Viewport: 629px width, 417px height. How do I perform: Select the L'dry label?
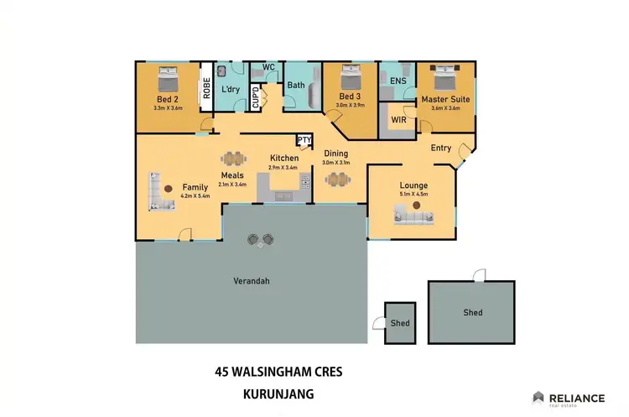[x=231, y=89]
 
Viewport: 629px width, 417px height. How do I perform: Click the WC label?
[x=268, y=67]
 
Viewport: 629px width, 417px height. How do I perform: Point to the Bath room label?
[x=295, y=86]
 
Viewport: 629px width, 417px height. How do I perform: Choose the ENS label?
[x=398, y=81]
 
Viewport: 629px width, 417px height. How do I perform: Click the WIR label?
[x=398, y=119]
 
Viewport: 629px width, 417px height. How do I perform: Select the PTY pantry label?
[x=304, y=140]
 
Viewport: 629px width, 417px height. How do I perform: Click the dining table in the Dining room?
[x=339, y=179]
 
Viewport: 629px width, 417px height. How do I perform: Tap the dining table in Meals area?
[x=232, y=157]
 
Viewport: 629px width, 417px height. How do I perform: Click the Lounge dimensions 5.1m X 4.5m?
[x=413, y=195]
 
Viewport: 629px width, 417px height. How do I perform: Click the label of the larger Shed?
[x=472, y=312]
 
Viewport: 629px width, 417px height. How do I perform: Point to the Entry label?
[x=440, y=149]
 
